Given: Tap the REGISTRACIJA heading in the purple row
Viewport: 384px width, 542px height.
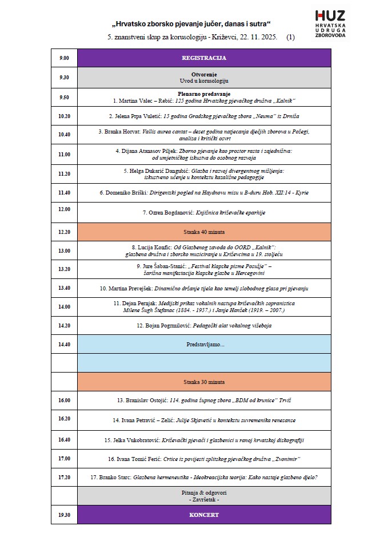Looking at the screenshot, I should coord(204,58).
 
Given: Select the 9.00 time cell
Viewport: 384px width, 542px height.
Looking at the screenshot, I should coord(63,58).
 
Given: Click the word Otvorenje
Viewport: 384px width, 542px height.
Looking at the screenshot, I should coord(204,74).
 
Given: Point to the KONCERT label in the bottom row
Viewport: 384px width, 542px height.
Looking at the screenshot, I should coord(204,515).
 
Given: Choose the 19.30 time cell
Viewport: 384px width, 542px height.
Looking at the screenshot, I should coord(63,515).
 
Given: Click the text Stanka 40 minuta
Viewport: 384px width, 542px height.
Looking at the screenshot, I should coord(204,232).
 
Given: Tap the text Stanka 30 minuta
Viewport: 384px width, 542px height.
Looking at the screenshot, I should coord(204,382).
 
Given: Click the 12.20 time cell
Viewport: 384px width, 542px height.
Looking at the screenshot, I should coord(63,232).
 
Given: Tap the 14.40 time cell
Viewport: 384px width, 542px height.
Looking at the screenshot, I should coord(63,345).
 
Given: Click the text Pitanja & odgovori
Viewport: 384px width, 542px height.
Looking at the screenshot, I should coord(204,492).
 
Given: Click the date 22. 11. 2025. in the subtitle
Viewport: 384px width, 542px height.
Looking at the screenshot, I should coord(255,38).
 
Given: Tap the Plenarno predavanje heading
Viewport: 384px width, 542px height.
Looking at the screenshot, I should coord(204,94).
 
